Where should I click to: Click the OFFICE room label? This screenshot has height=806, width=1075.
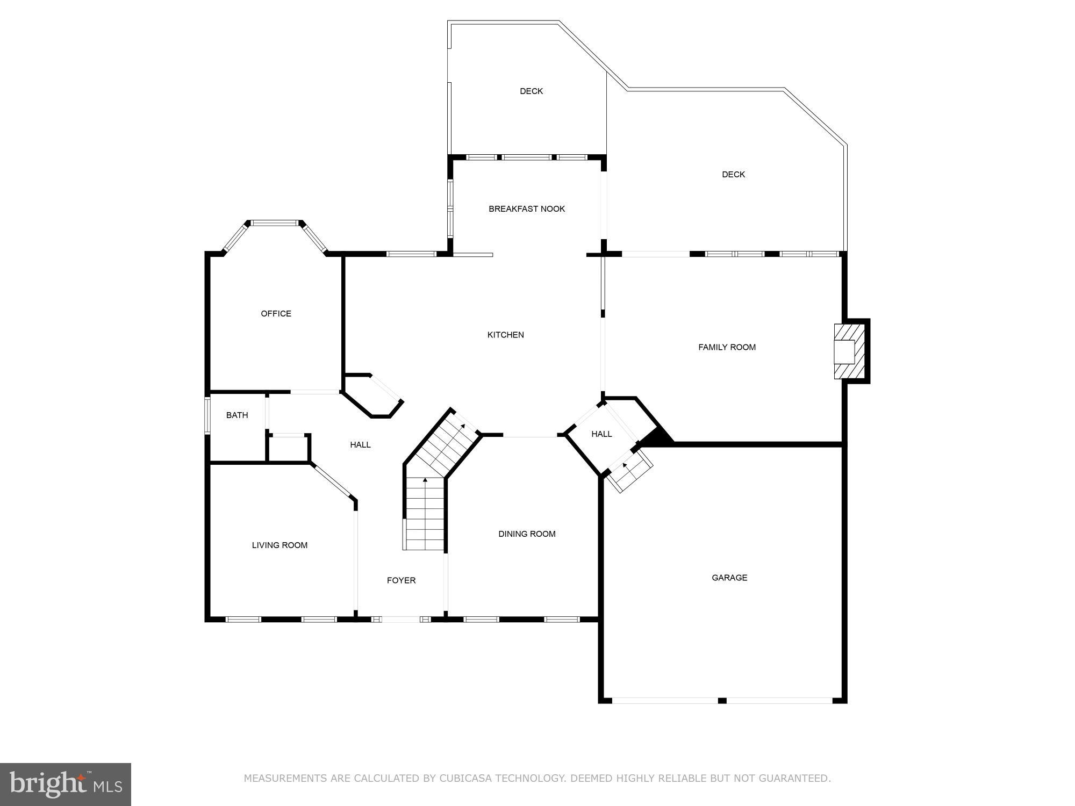[276, 313]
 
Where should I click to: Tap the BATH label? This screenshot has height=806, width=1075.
[237, 415]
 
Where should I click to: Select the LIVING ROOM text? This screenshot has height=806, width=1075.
[279, 545]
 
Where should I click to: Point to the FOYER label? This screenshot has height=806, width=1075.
[401, 580]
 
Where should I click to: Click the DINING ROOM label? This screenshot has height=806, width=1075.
[527, 534]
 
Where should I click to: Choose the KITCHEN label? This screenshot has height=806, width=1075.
[505, 335]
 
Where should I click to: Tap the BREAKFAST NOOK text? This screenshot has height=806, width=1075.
[527, 208]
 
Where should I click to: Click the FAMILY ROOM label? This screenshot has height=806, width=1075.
[727, 347]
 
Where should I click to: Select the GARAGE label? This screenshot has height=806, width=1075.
[729, 578]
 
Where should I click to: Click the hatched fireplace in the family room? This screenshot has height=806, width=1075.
[849, 352]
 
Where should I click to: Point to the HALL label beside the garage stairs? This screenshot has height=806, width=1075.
[601, 434]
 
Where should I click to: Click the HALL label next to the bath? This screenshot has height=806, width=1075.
[360, 444]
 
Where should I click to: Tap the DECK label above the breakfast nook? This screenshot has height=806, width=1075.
[531, 91]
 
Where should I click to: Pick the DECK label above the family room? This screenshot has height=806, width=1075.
[733, 174]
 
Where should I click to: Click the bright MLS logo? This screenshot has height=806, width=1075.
[66, 784]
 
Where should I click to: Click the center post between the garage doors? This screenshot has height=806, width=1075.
[722, 701]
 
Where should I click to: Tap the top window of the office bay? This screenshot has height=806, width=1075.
[275, 222]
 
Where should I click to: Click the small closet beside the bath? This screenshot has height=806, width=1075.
[288, 448]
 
